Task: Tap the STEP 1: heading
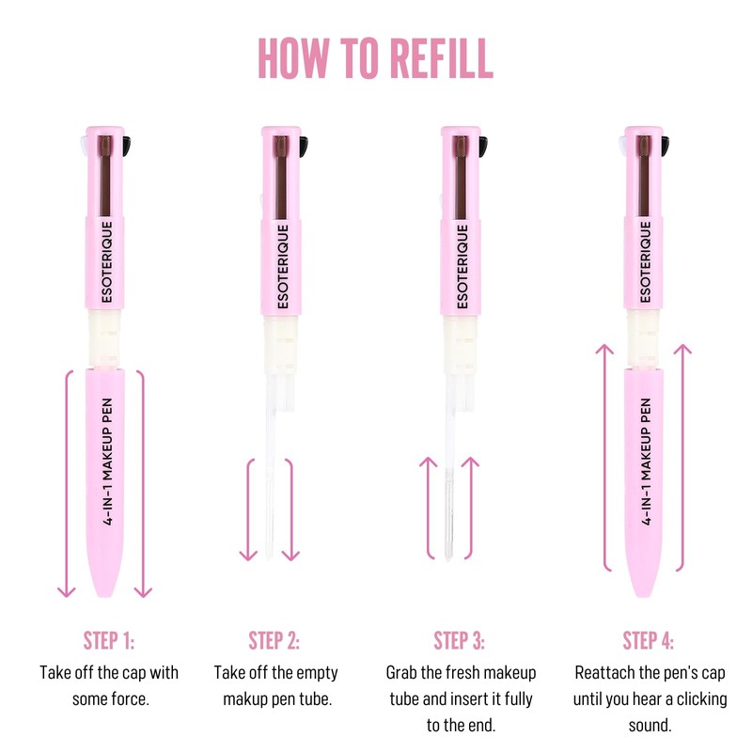click(109, 641)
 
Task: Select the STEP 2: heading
click(274, 641)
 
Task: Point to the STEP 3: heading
click(460, 641)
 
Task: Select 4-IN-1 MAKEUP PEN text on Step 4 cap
click(645, 470)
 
